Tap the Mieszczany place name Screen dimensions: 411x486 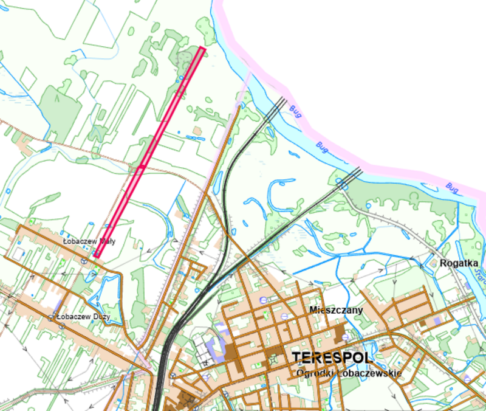pyautogui.click(x=336, y=310)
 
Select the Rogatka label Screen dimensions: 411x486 pyautogui.click(x=456, y=263)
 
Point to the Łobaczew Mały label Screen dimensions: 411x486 pyautogui.click(x=89, y=241)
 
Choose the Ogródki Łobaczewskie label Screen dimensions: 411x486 pyautogui.click(x=349, y=372)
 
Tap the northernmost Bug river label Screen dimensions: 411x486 pyautogui.click(x=296, y=112)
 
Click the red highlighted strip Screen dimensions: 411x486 pyautogui.click(x=149, y=152)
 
